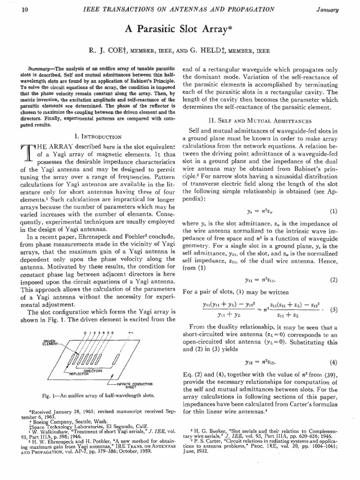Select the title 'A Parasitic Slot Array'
click(180, 28)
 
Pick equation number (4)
click(333, 348)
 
